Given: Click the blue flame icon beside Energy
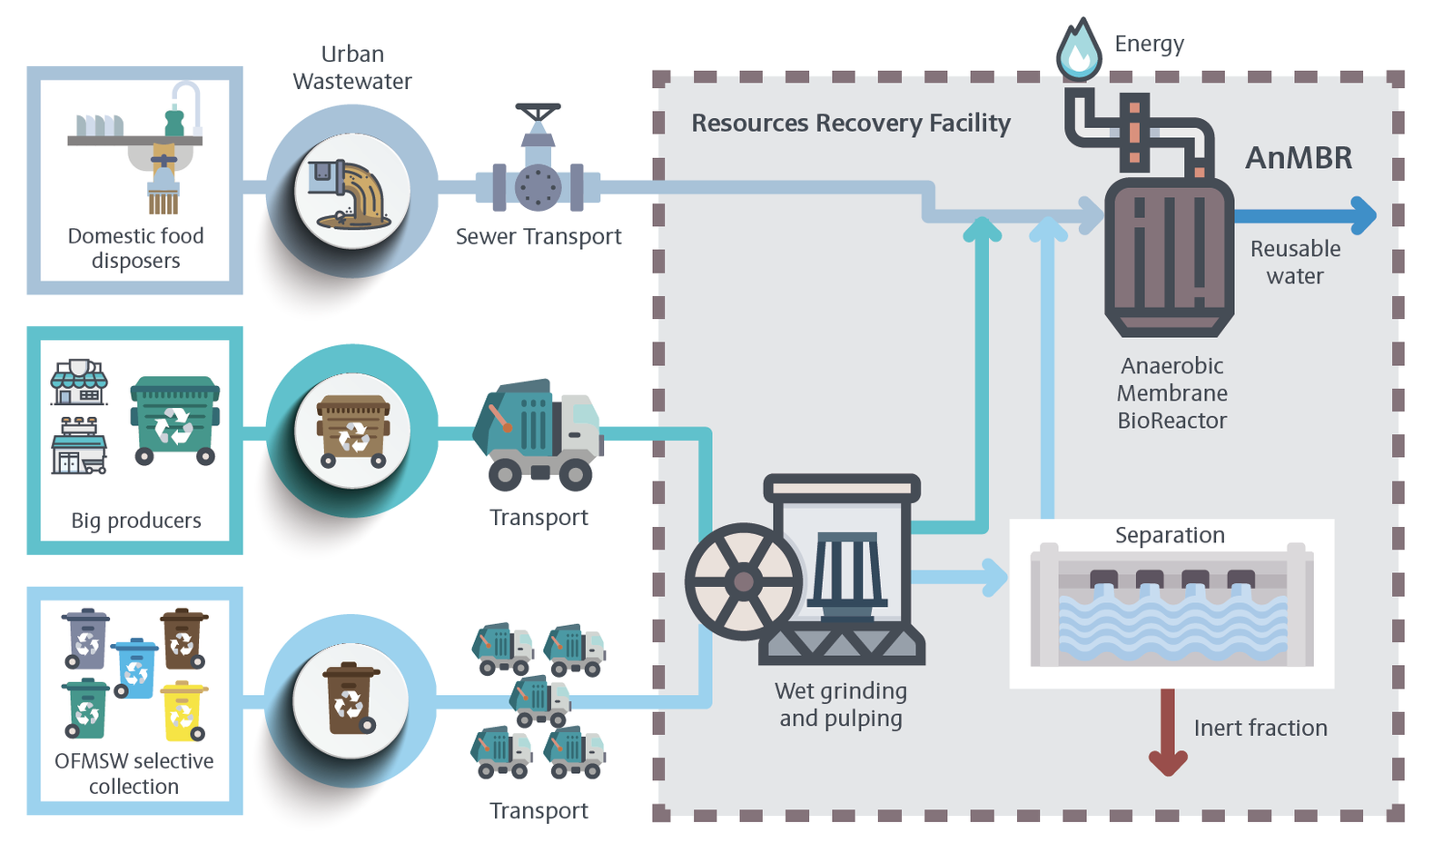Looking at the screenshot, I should coord(1079,51).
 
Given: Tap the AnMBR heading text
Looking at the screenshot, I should coord(1299,158).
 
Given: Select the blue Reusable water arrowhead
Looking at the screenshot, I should coord(1363,215).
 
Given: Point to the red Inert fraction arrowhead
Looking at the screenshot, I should coord(1168,761).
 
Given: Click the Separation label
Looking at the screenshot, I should coord(1170,535).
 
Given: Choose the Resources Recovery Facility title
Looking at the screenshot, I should coord(851,123).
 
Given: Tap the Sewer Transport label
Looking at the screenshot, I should coord(539,237).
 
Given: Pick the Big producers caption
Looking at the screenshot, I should coord(136,521).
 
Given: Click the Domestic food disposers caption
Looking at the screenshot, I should coord(136,248).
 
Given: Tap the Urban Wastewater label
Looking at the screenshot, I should coord(352,68).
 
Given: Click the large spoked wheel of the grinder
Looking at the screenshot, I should coord(743,581).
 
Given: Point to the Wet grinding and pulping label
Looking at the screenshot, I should coord(841,704).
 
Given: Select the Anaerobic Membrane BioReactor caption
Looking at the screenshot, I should coord(1172,392).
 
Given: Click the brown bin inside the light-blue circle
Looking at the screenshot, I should coord(350,698).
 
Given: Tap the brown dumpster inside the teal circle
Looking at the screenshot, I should coord(352,431).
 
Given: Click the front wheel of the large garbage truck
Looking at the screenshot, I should coord(575,474).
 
